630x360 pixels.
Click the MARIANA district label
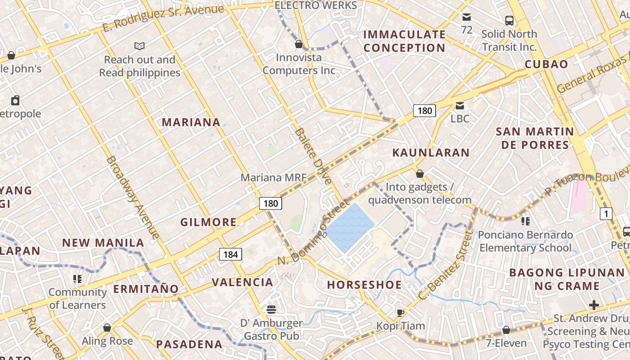click(x=191, y=122)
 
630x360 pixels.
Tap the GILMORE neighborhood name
click(x=208, y=222)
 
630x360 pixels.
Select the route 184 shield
click(x=230, y=254)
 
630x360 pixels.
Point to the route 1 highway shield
click(x=606, y=214)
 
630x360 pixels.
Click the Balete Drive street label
click(x=314, y=156)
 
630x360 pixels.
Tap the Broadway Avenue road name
click(x=133, y=197)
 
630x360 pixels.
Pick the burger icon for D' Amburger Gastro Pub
click(x=271, y=310)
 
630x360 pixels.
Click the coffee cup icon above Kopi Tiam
click(x=400, y=313)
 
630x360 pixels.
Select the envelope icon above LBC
click(x=460, y=106)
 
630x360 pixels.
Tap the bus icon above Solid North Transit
click(x=509, y=21)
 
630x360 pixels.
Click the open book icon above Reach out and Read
click(x=139, y=46)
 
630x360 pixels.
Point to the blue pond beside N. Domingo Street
click(x=349, y=227)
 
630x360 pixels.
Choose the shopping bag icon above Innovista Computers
click(x=298, y=44)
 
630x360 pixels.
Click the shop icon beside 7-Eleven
click(x=506, y=330)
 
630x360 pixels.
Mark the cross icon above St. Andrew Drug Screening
click(x=594, y=306)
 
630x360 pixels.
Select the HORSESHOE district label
click(x=364, y=285)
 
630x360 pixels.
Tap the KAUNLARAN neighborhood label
click(x=431, y=153)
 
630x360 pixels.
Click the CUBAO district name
click(x=546, y=64)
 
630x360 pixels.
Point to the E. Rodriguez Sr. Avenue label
click(x=163, y=18)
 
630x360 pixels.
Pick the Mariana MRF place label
click(x=273, y=177)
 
